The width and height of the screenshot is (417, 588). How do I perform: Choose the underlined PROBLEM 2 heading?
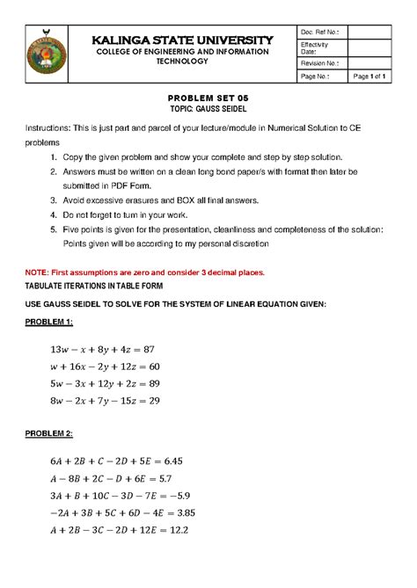(x=54, y=435)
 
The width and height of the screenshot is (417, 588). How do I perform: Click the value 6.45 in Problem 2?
(x=179, y=460)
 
